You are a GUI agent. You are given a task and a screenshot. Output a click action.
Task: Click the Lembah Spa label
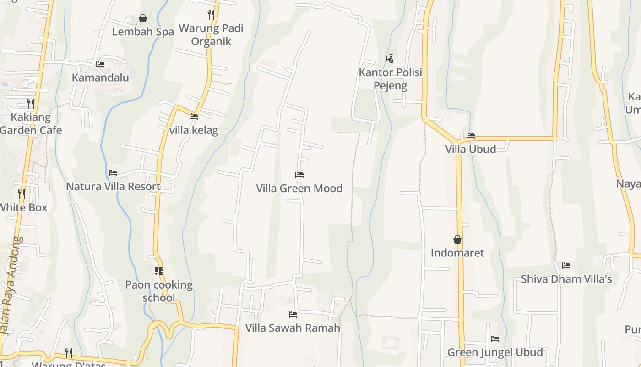(x=143, y=32)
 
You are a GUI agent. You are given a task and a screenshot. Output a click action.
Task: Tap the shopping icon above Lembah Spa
(x=143, y=18)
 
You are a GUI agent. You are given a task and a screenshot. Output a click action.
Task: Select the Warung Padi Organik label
(x=211, y=35)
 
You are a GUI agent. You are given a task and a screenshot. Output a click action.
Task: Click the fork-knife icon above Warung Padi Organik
(x=211, y=14)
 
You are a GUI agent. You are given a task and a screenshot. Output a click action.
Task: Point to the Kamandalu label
(x=100, y=78)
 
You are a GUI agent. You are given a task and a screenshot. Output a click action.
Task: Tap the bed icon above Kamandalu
(x=100, y=64)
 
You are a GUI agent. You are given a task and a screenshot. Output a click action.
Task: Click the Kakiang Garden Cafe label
(x=31, y=123)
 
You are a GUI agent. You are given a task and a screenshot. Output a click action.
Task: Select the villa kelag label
(x=194, y=130)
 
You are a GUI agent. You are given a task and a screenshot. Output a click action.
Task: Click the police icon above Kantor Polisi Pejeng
(x=390, y=58)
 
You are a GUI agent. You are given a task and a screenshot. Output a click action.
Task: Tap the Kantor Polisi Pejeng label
(x=390, y=79)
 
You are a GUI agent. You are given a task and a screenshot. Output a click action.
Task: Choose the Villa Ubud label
(x=470, y=149)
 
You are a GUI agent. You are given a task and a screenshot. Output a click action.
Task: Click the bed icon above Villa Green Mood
(x=299, y=175)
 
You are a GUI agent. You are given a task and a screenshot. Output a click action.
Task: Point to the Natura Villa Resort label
(x=113, y=186)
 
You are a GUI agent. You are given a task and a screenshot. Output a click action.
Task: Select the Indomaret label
(x=457, y=253)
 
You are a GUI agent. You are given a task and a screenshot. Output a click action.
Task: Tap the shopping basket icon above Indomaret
(x=457, y=239)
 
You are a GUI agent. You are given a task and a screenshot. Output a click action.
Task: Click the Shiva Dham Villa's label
(x=566, y=279)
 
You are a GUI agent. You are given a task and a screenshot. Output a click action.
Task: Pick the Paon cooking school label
(x=159, y=291)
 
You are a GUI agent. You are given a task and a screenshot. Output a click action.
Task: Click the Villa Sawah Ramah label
(x=293, y=328)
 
